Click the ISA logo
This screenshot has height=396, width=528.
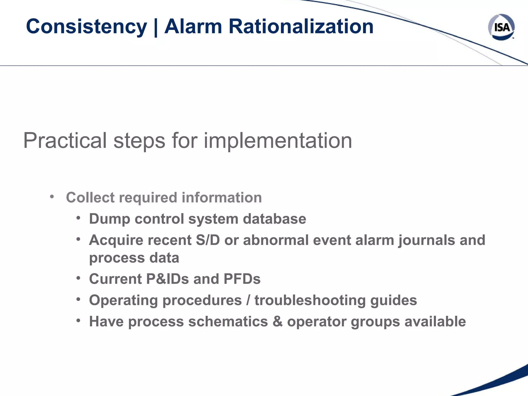(501, 27)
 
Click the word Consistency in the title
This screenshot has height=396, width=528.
(86, 27)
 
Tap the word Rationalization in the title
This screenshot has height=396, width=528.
(301, 27)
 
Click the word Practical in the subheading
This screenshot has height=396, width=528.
(65, 141)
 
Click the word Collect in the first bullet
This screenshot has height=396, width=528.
(90, 197)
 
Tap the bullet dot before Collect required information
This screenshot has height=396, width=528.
(52, 197)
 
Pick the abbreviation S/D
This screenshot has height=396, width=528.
(208, 240)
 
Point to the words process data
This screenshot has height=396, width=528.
(134, 258)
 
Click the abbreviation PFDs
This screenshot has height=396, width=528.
(242, 279)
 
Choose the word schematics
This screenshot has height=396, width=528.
(228, 322)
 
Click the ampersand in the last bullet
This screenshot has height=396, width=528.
(277, 322)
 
